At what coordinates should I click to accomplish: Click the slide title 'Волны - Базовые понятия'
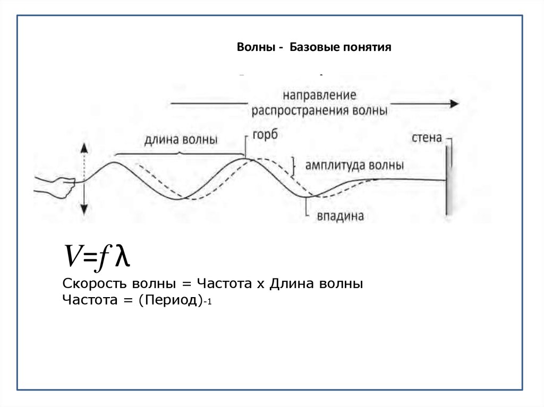pyautogui.click(x=313, y=48)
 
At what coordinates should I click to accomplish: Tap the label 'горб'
pyautogui.click(x=265, y=135)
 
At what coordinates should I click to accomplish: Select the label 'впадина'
pyautogui.click(x=340, y=217)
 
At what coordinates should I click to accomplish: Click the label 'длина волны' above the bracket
pyautogui.click(x=181, y=140)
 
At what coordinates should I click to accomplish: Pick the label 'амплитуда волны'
pyautogui.click(x=354, y=165)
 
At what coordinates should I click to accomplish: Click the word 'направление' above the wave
pyautogui.click(x=319, y=96)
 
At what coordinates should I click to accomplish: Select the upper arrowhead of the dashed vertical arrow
pyautogui.click(x=84, y=149)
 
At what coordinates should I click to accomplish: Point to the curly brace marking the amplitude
pyautogui.click(x=293, y=166)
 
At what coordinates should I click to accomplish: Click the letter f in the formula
pyautogui.click(x=102, y=258)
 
